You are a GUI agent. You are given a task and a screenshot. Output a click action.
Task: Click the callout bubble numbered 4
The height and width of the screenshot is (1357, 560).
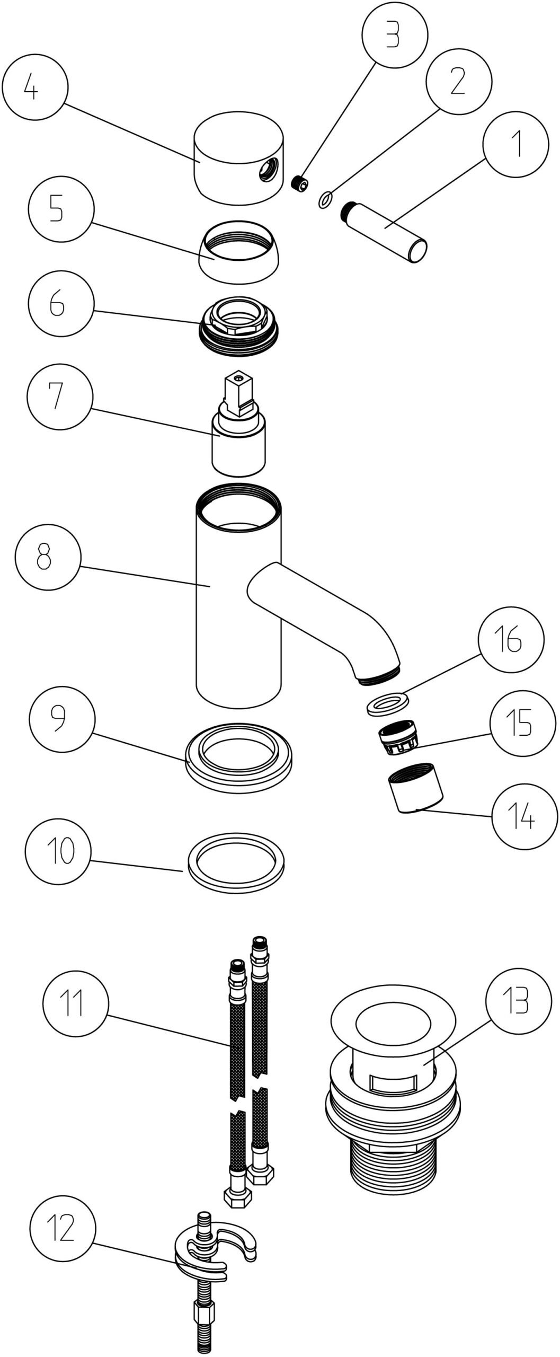pos(34,89)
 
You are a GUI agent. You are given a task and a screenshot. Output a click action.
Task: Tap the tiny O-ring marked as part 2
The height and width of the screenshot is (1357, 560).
pos(326,200)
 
